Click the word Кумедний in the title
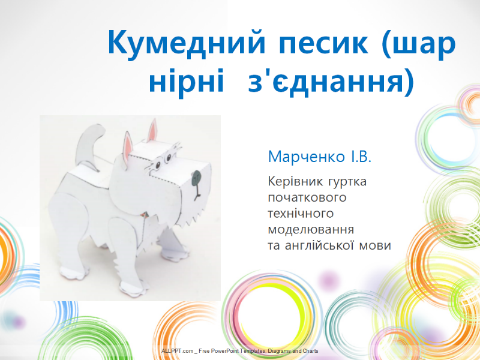point(186,43)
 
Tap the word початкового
point(307,197)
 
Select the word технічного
point(301,214)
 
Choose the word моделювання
point(311,230)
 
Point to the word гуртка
point(347,182)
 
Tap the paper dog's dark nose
point(197,178)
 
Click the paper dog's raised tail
point(89,145)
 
